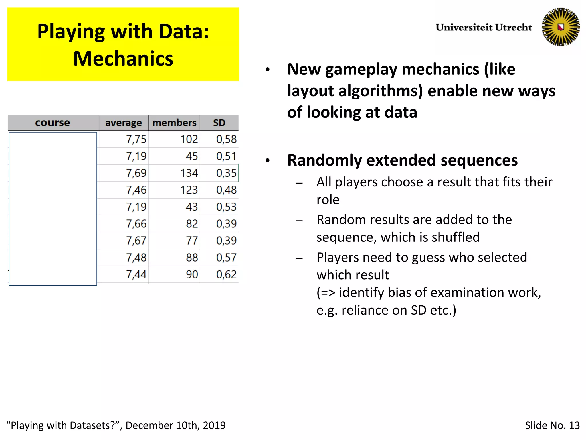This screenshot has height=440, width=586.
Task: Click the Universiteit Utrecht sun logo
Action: click(x=561, y=27)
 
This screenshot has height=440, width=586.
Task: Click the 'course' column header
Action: click(x=53, y=123)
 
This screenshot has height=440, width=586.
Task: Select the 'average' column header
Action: click(x=123, y=123)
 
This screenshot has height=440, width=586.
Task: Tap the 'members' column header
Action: click(x=174, y=123)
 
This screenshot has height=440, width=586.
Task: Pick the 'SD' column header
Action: click(x=219, y=123)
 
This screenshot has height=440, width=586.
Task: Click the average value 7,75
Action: click(x=136, y=140)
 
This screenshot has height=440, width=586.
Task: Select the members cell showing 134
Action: click(x=189, y=173)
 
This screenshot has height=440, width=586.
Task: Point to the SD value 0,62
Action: click(x=226, y=275)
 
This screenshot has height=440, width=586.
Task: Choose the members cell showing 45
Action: click(x=192, y=156)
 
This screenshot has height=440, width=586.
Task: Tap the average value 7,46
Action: click(x=136, y=190)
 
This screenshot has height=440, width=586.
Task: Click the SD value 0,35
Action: click(x=226, y=173)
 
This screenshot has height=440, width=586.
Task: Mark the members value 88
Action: click(x=192, y=258)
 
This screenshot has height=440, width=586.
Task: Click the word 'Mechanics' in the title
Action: click(x=123, y=59)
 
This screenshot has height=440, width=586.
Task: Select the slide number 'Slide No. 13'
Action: click(x=552, y=425)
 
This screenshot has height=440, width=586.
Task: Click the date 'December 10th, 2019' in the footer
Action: click(x=175, y=425)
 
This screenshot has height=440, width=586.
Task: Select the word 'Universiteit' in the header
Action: click(x=464, y=27)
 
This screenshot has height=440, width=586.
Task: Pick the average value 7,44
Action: click(x=136, y=275)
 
